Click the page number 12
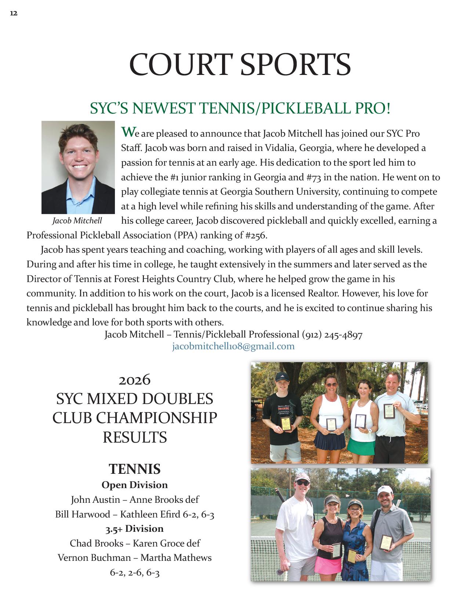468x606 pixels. click(14, 14)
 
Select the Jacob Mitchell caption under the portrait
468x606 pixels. click(77, 221)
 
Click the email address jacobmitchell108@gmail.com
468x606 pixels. click(233, 346)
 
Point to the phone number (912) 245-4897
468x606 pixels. click(332, 335)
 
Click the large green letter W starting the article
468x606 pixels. click(126, 131)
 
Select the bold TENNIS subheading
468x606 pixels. click(135, 469)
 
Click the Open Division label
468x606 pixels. click(135, 485)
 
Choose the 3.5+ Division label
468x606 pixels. click(135, 529)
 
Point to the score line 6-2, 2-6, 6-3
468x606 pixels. click(135, 572)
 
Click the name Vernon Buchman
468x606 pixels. click(94, 558)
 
